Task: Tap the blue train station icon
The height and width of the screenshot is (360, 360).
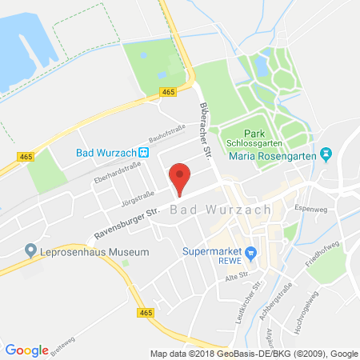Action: coord(143,152)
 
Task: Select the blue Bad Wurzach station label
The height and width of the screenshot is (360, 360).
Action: coord(106,152)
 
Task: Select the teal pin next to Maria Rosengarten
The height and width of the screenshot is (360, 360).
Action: coord(326,153)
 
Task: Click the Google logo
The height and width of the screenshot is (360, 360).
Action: coord(26,350)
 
